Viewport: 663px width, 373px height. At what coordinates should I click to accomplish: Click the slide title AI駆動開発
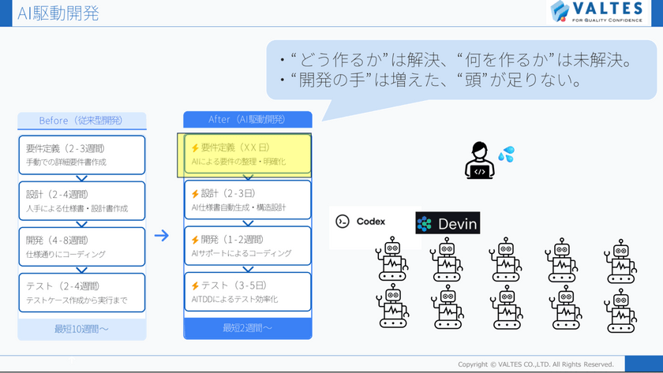pyautogui.click(x=54, y=13)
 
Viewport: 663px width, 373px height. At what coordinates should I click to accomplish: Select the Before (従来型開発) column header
pyautogui.click(x=81, y=121)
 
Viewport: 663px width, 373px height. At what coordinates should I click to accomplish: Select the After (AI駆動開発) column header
pyautogui.click(x=247, y=119)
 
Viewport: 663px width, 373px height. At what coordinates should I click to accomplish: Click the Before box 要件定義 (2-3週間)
pyautogui.click(x=81, y=155)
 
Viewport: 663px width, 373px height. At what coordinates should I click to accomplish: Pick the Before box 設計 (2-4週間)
pyautogui.click(x=81, y=201)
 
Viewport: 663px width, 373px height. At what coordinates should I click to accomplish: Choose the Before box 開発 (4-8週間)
pyautogui.click(x=81, y=247)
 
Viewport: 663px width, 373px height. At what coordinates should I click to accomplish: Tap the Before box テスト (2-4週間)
pyautogui.click(x=81, y=293)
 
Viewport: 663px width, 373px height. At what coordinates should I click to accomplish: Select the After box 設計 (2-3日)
pyautogui.click(x=248, y=201)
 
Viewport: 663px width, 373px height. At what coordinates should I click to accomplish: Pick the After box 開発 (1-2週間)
pyautogui.click(x=248, y=247)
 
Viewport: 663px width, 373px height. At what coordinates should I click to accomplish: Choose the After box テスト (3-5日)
pyautogui.click(x=248, y=293)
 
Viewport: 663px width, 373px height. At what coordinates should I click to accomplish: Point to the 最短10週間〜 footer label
pyautogui.click(x=81, y=327)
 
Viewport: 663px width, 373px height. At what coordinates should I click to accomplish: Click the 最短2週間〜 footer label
pyautogui.click(x=247, y=328)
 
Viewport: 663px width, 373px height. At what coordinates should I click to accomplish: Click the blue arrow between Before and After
pyautogui.click(x=162, y=235)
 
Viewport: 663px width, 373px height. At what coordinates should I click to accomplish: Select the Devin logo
pyautogui.click(x=448, y=223)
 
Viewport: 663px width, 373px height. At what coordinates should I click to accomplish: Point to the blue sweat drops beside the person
pyautogui.click(x=506, y=154)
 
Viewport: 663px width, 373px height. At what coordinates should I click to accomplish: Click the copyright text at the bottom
pyautogui.click(x=536, y=364)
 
